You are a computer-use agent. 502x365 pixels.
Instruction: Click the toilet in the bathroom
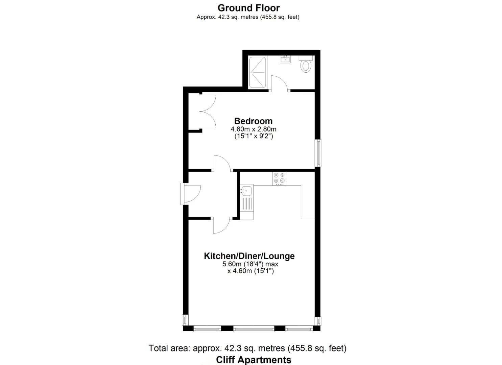coord(306,65)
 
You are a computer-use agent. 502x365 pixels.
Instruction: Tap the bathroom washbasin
coord(285,60)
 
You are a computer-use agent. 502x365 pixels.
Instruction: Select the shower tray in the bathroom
coord(258,73)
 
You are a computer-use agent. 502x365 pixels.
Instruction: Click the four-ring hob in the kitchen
coord(279,178)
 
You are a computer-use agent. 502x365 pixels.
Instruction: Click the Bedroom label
coord(253,121)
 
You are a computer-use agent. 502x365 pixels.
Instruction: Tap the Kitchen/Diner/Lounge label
coord(249,256)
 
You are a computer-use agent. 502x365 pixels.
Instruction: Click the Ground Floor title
coord(248,8)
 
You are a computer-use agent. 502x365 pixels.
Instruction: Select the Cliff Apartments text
coord(254,360)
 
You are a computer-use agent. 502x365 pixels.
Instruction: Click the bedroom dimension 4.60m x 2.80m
coord(253,129)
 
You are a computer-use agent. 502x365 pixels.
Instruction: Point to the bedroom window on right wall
coord(318,153)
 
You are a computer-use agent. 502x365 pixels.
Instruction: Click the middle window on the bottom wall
coord(254,328)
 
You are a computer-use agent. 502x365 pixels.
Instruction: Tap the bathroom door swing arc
coord(279,83)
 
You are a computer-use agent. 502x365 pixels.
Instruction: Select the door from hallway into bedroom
coord(222,163)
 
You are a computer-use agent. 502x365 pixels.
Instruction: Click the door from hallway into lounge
coord(222,225)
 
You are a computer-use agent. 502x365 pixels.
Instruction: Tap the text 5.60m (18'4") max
coord(250,264)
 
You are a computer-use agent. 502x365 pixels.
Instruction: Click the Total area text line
coord(247,348)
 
